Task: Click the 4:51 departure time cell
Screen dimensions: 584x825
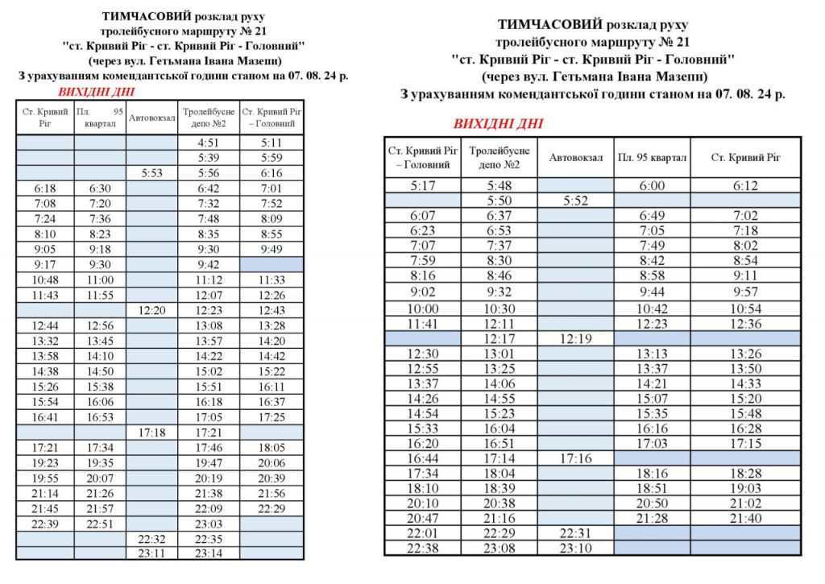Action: pyautogui.click(x=209, y=143)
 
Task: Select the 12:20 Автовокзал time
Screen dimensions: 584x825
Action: pyautogui.click(x=151, y=310)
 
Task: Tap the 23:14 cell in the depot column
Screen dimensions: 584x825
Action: pyautogui.click(x=209, y=554)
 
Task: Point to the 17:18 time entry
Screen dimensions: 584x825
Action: pyautogui.click(x=151, y=433)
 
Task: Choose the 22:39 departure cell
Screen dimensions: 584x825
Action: pyautogui.click(x=45, y=524)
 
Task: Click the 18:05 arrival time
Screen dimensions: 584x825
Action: pyautogui.click(x=271, y=448)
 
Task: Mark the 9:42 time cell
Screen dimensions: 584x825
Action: pyautogui.click(x=209, y=264)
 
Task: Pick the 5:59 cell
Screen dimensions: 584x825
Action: pyautogui.click(x=271, y=158)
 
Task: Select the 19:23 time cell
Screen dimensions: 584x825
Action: pyautogui.click(x=45, y=463)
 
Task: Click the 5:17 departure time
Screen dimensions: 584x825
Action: pyautogui.click(x=422, y=185)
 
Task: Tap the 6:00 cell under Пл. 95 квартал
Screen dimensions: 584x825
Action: pyautogui.click(x=652, y=185)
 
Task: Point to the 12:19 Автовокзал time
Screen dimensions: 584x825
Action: pyautogui.click(x=575, y=339)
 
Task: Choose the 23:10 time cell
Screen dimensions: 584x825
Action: pyautogui.click(x=575, y=549)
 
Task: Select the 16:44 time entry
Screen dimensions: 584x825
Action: pyautogui.click(x=422, y=458)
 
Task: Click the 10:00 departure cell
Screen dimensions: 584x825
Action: pyautogui.click(x=422, y=309)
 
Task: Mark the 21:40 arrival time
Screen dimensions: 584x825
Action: pyautogui.click(x=745, y=518)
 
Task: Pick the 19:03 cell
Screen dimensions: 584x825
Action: pyautogui.click(x=745, y=488)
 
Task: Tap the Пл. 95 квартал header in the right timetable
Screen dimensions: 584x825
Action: pyautogui.click(x=652, y=158)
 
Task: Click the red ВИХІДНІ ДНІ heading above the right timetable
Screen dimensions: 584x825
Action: pyautogui.click(x=498, y=124)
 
